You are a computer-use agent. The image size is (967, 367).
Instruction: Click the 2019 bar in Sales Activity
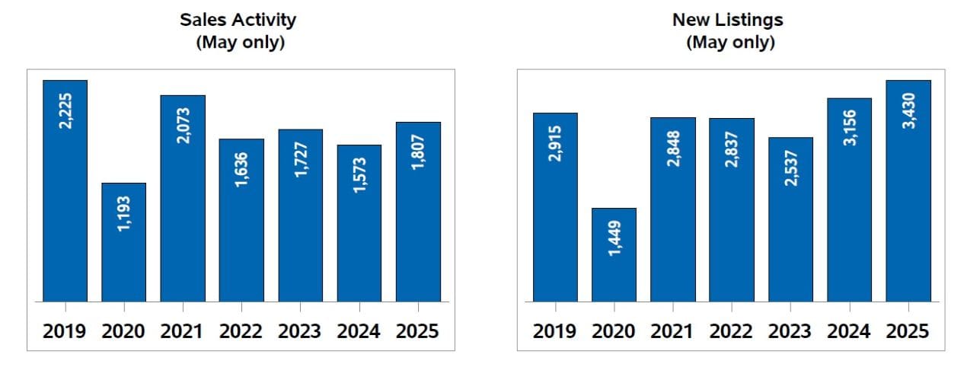65,190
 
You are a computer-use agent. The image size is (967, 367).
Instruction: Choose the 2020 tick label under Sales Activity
123,331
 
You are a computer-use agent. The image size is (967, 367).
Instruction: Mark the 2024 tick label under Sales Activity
359,331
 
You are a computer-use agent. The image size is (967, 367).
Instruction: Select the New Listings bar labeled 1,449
614,254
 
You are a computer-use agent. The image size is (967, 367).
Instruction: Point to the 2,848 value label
673,149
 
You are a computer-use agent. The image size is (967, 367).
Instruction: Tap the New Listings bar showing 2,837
732,209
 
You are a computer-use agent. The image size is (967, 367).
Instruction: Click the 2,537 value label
790,169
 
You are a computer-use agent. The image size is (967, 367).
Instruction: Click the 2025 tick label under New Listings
908,331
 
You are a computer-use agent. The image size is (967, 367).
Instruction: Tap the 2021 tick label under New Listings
673,331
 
